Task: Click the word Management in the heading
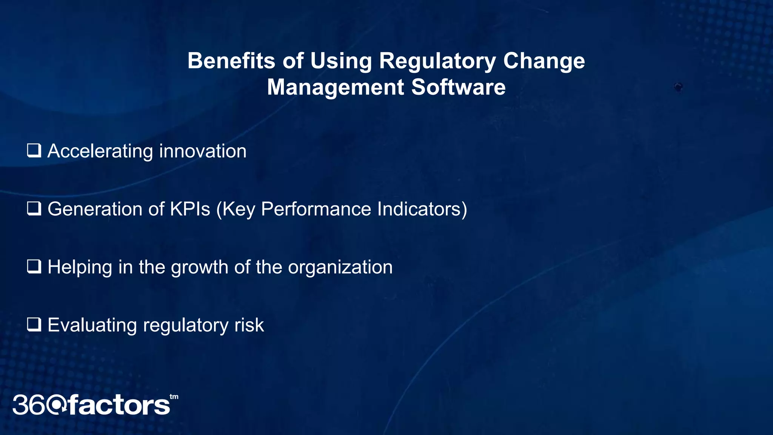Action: click(x=335, y=87)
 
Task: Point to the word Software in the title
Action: click(x=458, y=87)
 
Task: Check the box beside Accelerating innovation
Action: click(x=34, y=151)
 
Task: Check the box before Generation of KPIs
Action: click(x=34, y=208)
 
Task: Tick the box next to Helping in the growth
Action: click(x=34, y=267)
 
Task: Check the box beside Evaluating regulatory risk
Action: click(x=34, y=325)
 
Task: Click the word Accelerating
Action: click(x=100, y=151)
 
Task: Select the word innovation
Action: click(x=203, y=151)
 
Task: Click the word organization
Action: click(x=340, y=267)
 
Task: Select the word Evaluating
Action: click(x=92, y=325)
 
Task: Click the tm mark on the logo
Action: click(x=174, y=397)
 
